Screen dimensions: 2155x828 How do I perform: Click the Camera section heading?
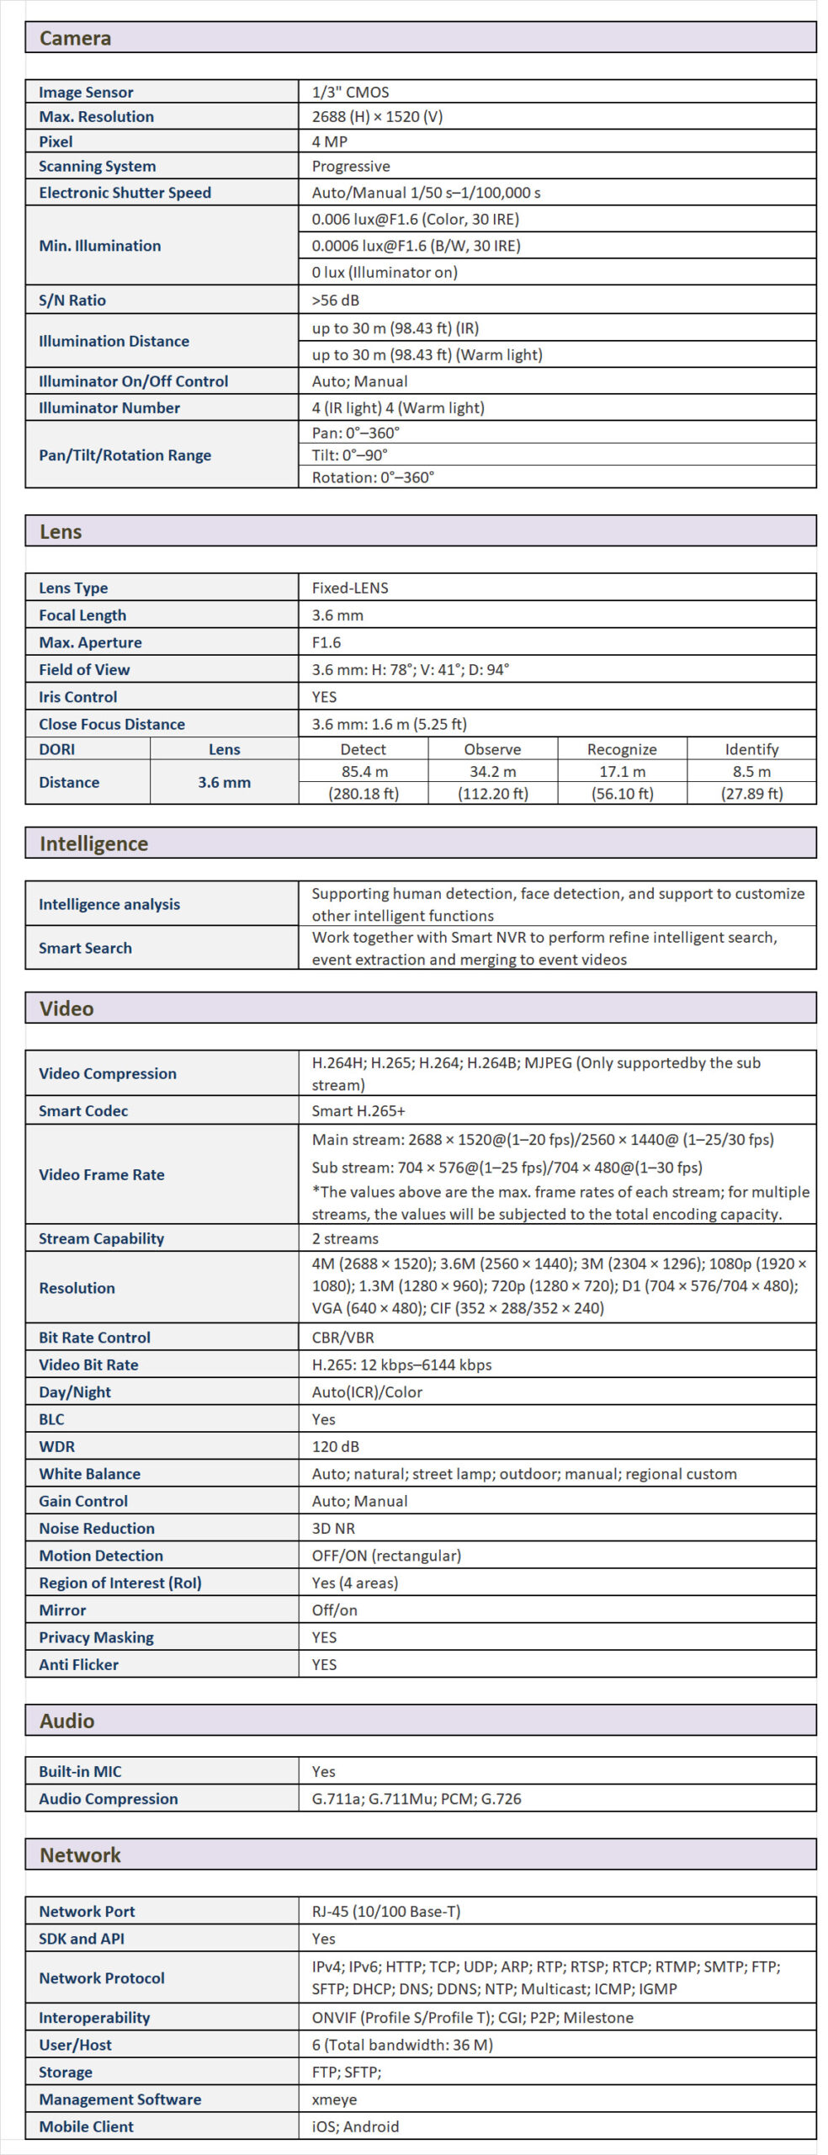point(75,38)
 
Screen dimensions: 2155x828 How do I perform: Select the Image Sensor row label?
point(86,93)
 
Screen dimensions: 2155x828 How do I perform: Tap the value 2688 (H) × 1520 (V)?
point(377,117)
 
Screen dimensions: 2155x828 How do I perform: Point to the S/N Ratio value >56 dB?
point(336,301)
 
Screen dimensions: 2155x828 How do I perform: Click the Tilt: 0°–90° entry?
point(349,455)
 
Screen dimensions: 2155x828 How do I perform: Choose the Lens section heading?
point(61,532)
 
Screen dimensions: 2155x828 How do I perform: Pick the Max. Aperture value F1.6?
point(326,643)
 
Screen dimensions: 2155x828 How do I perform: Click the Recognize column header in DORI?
point(622,749)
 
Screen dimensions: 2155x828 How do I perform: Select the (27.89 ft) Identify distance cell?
point(751,794)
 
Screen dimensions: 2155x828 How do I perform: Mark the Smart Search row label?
point(85,948)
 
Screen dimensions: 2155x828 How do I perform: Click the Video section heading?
point(66,1008)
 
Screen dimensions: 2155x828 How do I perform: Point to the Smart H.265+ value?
point(358,1111)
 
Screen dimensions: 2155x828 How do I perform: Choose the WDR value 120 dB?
point(335,1447)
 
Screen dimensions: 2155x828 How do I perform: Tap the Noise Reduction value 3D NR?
point(333,1529)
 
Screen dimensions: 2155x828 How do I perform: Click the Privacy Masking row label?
point(96,1637)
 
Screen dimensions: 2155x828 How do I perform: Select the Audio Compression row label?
point(108,1799)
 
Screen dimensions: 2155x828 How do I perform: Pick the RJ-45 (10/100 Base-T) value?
point(386,1912)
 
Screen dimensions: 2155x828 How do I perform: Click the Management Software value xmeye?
point(334,2099)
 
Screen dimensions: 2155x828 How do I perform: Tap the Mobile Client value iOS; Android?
point(355,2126)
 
